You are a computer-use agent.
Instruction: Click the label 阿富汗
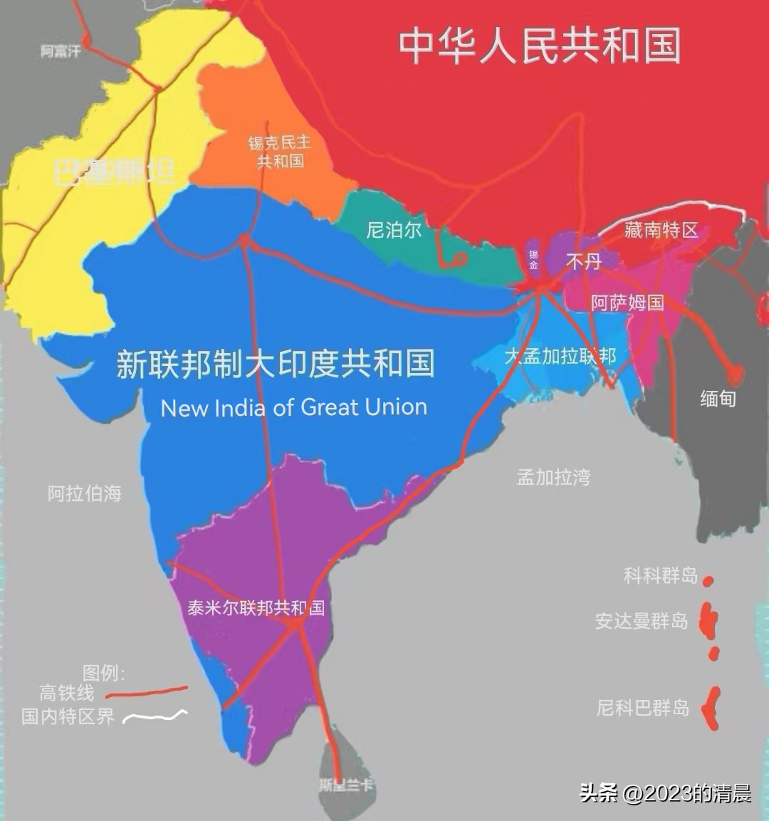point(61,51)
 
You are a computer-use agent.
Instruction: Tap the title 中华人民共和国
point(539,46)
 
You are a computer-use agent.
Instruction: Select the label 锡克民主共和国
point(280,152)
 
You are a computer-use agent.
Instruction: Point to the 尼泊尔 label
point(394,229)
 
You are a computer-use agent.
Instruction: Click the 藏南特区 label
point(661,230)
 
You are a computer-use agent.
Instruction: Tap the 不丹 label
point(583,262)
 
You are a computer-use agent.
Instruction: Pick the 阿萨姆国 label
point(627,303)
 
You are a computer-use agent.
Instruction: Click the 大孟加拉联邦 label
point(560,355)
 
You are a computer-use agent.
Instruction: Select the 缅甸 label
point(717,398)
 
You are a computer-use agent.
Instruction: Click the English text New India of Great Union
point(294,407)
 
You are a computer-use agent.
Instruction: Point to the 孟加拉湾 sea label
point(553,477)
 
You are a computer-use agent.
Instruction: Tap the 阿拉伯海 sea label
point(85,493)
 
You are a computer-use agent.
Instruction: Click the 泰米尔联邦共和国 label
point(256,607)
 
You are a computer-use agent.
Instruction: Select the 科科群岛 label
point(660,575)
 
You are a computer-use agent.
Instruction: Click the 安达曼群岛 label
point(642,621)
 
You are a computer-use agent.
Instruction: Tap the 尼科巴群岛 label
point(643,708)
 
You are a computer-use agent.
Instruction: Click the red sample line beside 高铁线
point(146,691)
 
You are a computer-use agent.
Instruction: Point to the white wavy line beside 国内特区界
point(155,716)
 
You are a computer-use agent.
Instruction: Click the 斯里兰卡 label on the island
point(345,785)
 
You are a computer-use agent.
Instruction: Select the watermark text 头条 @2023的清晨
point(665,793)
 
